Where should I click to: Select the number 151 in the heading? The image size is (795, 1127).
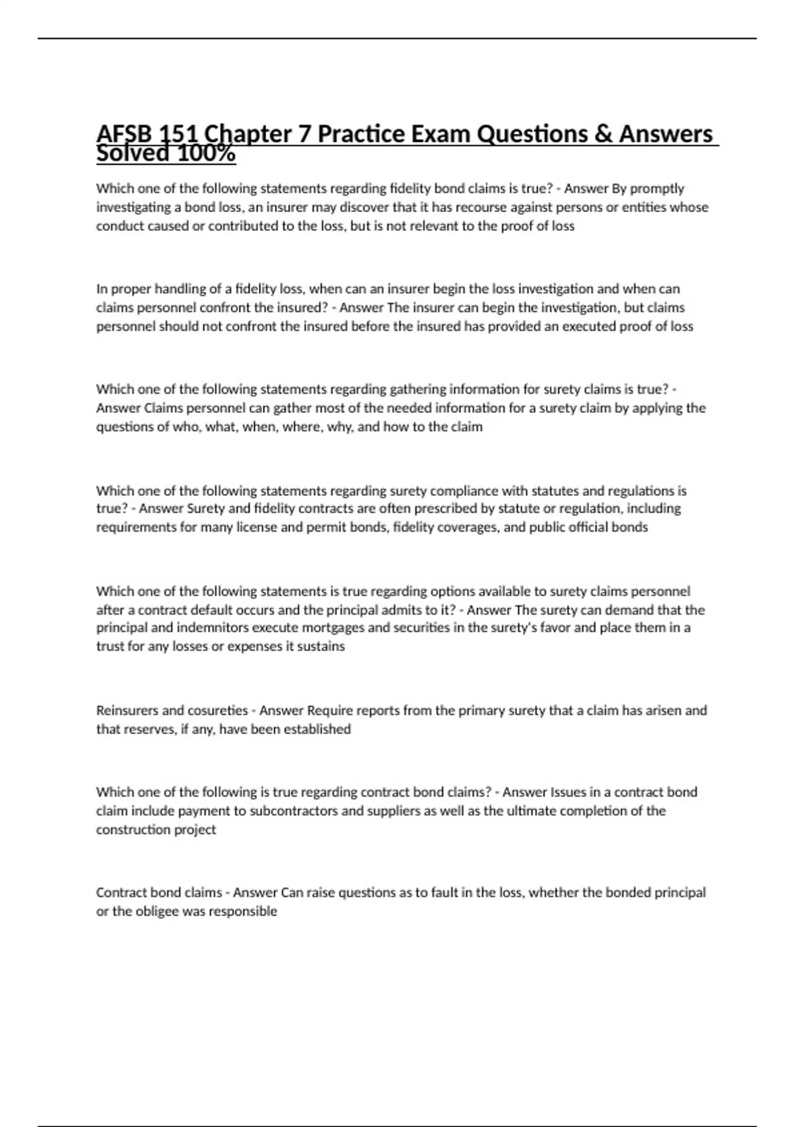(177, 135)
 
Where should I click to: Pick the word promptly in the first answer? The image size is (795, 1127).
(657, 189)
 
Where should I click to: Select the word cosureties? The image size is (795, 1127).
(217, 711)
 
